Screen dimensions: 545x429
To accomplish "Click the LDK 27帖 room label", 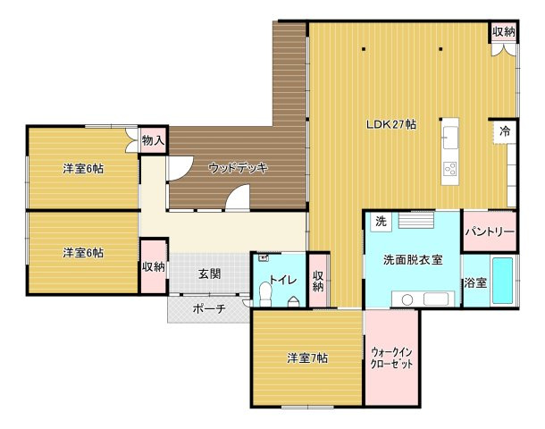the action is (391, 124).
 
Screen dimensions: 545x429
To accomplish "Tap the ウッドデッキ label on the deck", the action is (239, 168).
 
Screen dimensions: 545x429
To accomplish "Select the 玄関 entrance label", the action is (210, 274).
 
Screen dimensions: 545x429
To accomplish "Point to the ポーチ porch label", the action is (209, 308).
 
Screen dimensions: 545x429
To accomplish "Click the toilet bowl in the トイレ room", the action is (266, 294).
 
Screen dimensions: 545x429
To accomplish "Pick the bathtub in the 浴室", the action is (503, 281).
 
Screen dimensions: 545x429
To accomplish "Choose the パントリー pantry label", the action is (490, 231).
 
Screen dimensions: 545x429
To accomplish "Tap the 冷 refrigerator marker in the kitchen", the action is (505, 131).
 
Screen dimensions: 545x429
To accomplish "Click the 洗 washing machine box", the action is (381, 221).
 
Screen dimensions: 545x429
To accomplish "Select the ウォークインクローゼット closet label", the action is (391, 357).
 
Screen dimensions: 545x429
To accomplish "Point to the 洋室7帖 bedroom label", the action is (307, 358).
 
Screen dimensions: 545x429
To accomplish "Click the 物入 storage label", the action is (153, 140).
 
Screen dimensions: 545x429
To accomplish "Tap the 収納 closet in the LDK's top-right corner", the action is (503, 32).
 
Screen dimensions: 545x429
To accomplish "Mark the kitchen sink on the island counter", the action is (450, 138).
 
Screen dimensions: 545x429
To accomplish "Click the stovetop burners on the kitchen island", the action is (450, 169).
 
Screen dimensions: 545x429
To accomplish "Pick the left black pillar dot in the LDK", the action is (364, 49).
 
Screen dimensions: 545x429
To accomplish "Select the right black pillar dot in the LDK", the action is (440, 49).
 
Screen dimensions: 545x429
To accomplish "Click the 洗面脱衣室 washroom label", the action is (413, 259).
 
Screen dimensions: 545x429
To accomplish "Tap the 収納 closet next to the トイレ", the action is (319, 281).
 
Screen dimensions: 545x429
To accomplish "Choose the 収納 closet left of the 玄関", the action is (154, 266).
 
